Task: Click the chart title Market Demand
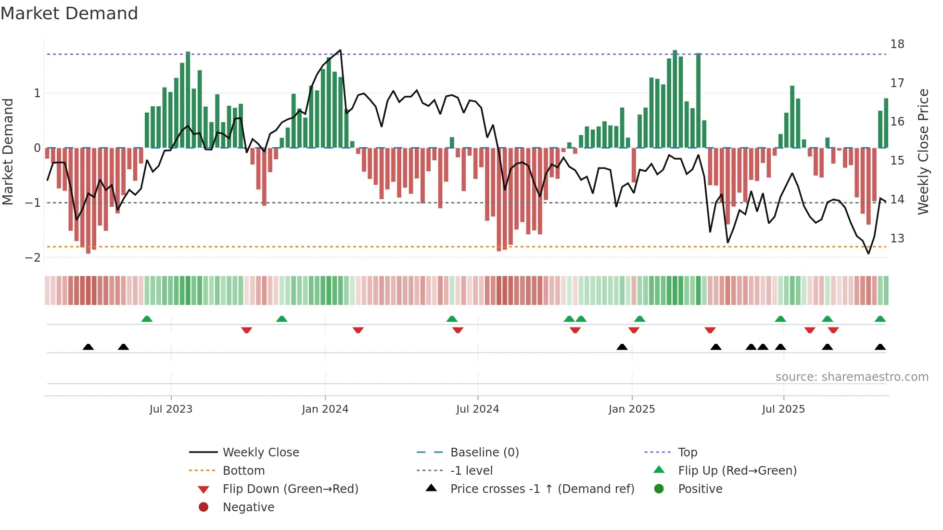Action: (x=69, y=13)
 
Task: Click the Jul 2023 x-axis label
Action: (x=171, y=409)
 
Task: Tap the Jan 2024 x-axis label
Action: (x=325, y=409)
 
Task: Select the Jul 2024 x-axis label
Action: (x=477, y=409)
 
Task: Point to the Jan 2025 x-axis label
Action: (x=631, y=409)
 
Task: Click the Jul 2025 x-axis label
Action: (x=783, y=409)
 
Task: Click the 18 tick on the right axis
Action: (x=897, y=44)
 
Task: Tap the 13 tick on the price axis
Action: (x=897, y=239)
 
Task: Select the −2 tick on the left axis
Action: (x=33, y=258)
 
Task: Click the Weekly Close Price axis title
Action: (x=923, y=151)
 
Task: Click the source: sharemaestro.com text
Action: (x=852, y=377)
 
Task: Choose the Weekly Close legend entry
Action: (x=260, y=453)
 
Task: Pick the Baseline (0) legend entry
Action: (x=484, y=453)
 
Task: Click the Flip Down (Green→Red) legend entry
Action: (x=290, y=489)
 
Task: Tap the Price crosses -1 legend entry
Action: (x=542, y=489)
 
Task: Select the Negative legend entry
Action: (x=248, y=507)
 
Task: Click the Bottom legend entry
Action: (x=243, y=471)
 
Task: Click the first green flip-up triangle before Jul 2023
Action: (x=147, y=319)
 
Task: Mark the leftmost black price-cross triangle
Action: (x=88, y=347)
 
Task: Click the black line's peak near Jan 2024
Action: (x=340, y=50)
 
